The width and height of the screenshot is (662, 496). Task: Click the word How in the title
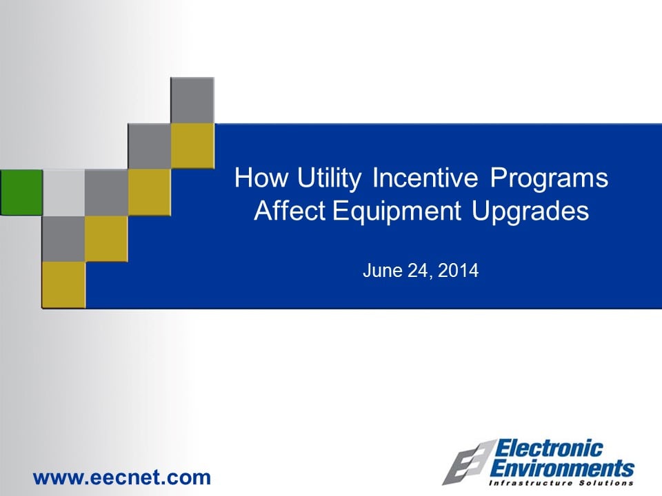point(261,177)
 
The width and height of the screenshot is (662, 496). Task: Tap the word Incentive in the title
point(425,177)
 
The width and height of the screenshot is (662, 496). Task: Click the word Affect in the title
point(290,210)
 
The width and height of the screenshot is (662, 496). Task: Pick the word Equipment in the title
point(397,211)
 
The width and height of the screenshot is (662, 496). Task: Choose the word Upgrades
point(530,211)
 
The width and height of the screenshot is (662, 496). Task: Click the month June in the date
point(383,270)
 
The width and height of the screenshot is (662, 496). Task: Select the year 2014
point(458,270)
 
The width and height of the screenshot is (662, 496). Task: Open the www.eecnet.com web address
point(121,477)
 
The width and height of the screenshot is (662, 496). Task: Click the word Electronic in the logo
point(548,448)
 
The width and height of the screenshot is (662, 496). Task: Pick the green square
point(21,192)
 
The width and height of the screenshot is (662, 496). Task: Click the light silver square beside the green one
point(63,192)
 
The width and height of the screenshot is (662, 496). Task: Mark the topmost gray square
point(192,101)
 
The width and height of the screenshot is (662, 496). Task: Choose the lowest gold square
point(63,285)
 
